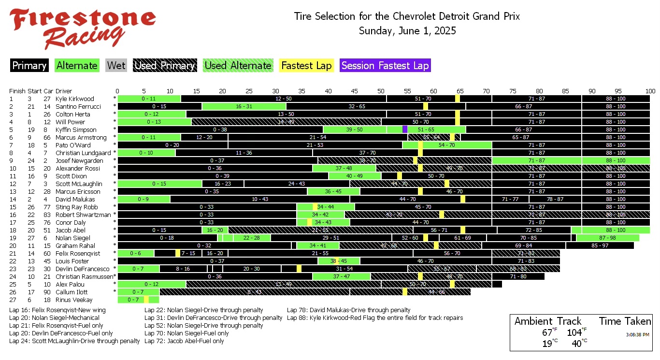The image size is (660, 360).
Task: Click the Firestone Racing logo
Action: coord(82,28)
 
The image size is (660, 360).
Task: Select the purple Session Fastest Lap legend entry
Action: coord(385,66)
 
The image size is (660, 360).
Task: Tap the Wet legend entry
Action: coord(116,66)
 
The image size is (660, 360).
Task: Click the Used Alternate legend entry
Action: coord(237,66)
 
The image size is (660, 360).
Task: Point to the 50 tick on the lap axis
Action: coord(381,91)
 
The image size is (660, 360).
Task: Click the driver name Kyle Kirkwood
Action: coord(75,99)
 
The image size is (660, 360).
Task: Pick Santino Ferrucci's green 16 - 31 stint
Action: coord(244,106)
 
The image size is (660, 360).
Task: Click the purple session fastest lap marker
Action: coord(405,130)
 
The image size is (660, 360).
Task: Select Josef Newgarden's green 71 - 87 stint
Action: coord(537,160)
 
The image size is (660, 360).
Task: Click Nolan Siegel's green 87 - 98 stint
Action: coord(607,238)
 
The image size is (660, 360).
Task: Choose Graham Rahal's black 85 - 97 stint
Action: coord(600,245)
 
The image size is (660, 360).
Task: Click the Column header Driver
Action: coord(64,91)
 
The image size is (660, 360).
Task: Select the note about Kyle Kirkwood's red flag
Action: coord(375,318)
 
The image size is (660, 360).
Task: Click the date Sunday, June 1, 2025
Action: coord(407,31)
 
